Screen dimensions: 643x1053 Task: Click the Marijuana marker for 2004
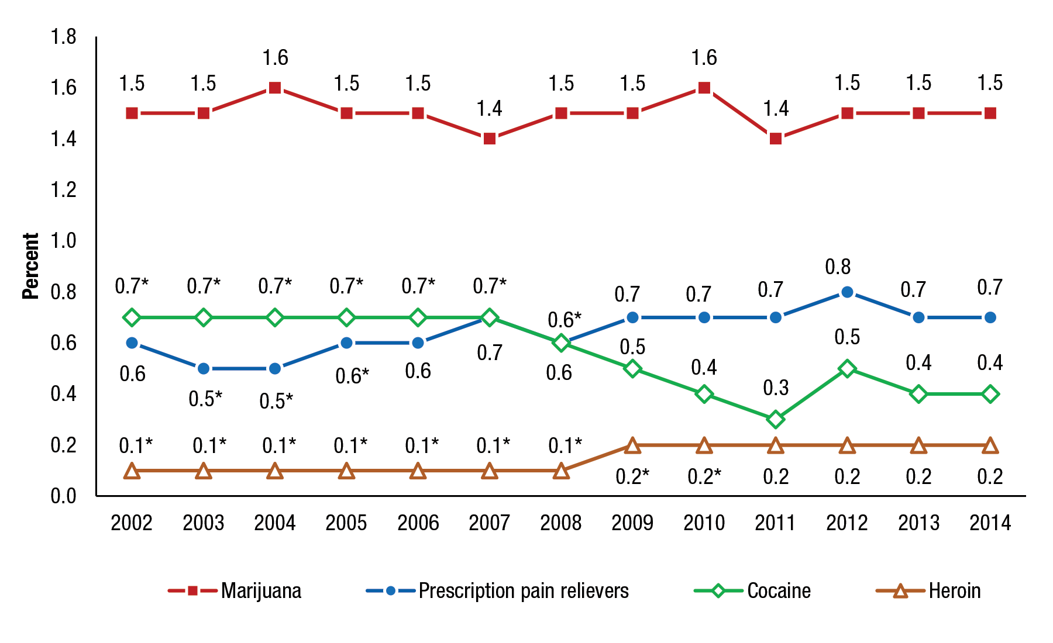pos(275,88)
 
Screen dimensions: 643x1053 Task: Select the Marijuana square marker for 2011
pos(776,139)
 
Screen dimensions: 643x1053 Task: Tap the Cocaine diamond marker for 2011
pos(776,419)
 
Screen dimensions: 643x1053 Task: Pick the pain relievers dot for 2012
pos(847,292)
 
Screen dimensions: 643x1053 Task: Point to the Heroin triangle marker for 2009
pos(632,446)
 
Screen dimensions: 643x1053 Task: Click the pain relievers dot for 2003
pos(204,368)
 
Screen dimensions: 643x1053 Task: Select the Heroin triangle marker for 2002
pos(132,471)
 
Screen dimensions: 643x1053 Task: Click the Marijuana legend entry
pos(261,591)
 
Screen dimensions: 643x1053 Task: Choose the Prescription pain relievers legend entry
pos(523,591)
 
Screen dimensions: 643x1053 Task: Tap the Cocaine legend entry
pos(779,591)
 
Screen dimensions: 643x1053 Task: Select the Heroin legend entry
pos(954,591)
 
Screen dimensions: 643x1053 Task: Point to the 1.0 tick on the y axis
pos(63,240)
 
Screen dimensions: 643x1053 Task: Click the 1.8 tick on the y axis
pos(63,37)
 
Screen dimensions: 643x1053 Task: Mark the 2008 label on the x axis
pos(560,523)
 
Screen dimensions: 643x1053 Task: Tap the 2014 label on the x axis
pos(990,523)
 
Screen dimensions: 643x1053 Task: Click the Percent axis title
pos(30,266)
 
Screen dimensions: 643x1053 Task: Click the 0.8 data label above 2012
pos(838,267)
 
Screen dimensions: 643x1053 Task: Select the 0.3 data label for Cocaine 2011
pos(776,388)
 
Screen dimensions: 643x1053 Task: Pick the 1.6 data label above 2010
pos(704,58)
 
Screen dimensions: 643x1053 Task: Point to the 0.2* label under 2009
pos(632,477)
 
